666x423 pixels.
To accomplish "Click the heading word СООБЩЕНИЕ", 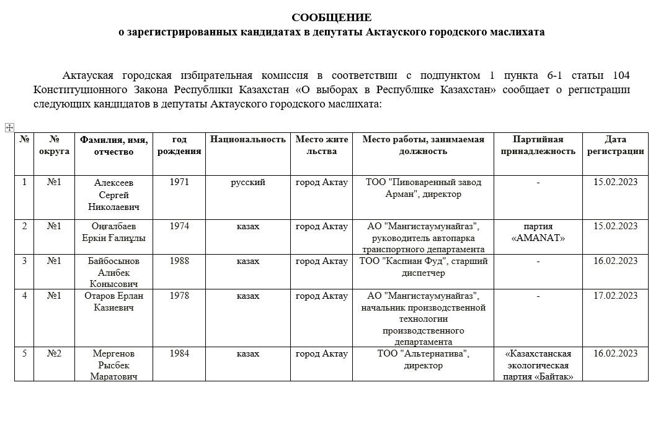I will tap(332, 17).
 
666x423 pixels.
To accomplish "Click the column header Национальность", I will tap(248, 140).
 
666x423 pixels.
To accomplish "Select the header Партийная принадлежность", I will tap(538, 145).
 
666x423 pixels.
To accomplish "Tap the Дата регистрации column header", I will tap(615, 145).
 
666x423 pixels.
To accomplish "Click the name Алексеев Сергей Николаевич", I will tap(113, 194).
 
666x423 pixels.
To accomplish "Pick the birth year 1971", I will tap(179, 183).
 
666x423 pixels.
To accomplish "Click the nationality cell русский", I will tap(248, 183).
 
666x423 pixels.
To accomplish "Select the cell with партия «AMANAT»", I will tap(538, 232).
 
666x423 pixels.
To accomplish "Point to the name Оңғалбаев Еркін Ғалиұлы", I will tap(114, 232).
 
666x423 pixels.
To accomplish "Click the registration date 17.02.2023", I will tap(615, 296).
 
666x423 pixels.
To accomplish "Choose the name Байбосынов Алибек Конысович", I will tap(114, 273).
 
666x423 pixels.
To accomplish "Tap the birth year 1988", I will tap(179, 262).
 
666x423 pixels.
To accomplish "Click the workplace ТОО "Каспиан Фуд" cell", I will tap(424, 267).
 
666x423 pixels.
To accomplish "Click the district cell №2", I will tap(54, 354).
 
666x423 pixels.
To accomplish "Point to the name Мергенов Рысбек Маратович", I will tap(113, 365).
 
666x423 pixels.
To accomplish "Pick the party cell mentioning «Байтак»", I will tap(538, 365).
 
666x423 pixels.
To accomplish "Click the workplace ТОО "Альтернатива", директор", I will tap(424, 360).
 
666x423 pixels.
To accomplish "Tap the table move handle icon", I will tap(9, 127).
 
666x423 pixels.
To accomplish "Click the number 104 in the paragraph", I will tap(621, 76).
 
